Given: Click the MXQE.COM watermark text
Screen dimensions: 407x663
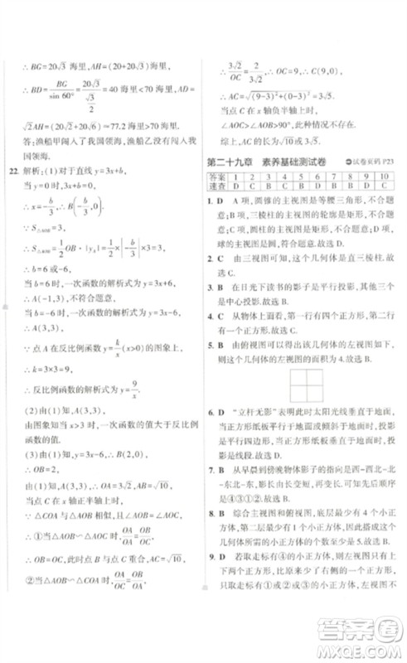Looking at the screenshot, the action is point(365,646).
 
